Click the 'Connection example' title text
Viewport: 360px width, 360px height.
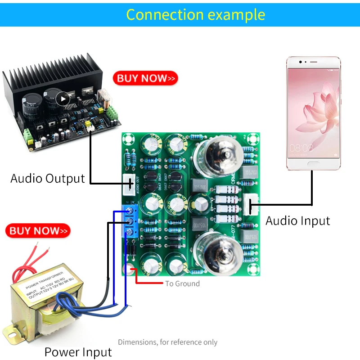pyautogui.click(x=195, y=14)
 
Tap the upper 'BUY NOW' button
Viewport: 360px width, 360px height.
pyautogui.click(x=145, y=78)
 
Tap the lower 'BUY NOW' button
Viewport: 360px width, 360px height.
pyautogui.click(x=38, y=231)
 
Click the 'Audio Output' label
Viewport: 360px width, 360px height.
pyautogui.click(x=48, y=179)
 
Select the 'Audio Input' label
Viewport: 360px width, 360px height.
pyautogui.click(x=297, y=221)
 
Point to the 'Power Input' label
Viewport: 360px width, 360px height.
pyautogui.click(x=78, y=352)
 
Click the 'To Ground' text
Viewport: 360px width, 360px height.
pyautogui.click(x=182, y=283)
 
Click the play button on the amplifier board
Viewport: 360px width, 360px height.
pyautogui.click(x=64, y=98)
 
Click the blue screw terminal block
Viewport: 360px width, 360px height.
pyautogui.click(x=131, y=221)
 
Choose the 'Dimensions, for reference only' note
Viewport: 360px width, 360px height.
pyautogui.click(x=167, y=342)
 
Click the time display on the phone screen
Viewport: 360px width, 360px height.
pyautogui.click(x=301, y=147)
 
